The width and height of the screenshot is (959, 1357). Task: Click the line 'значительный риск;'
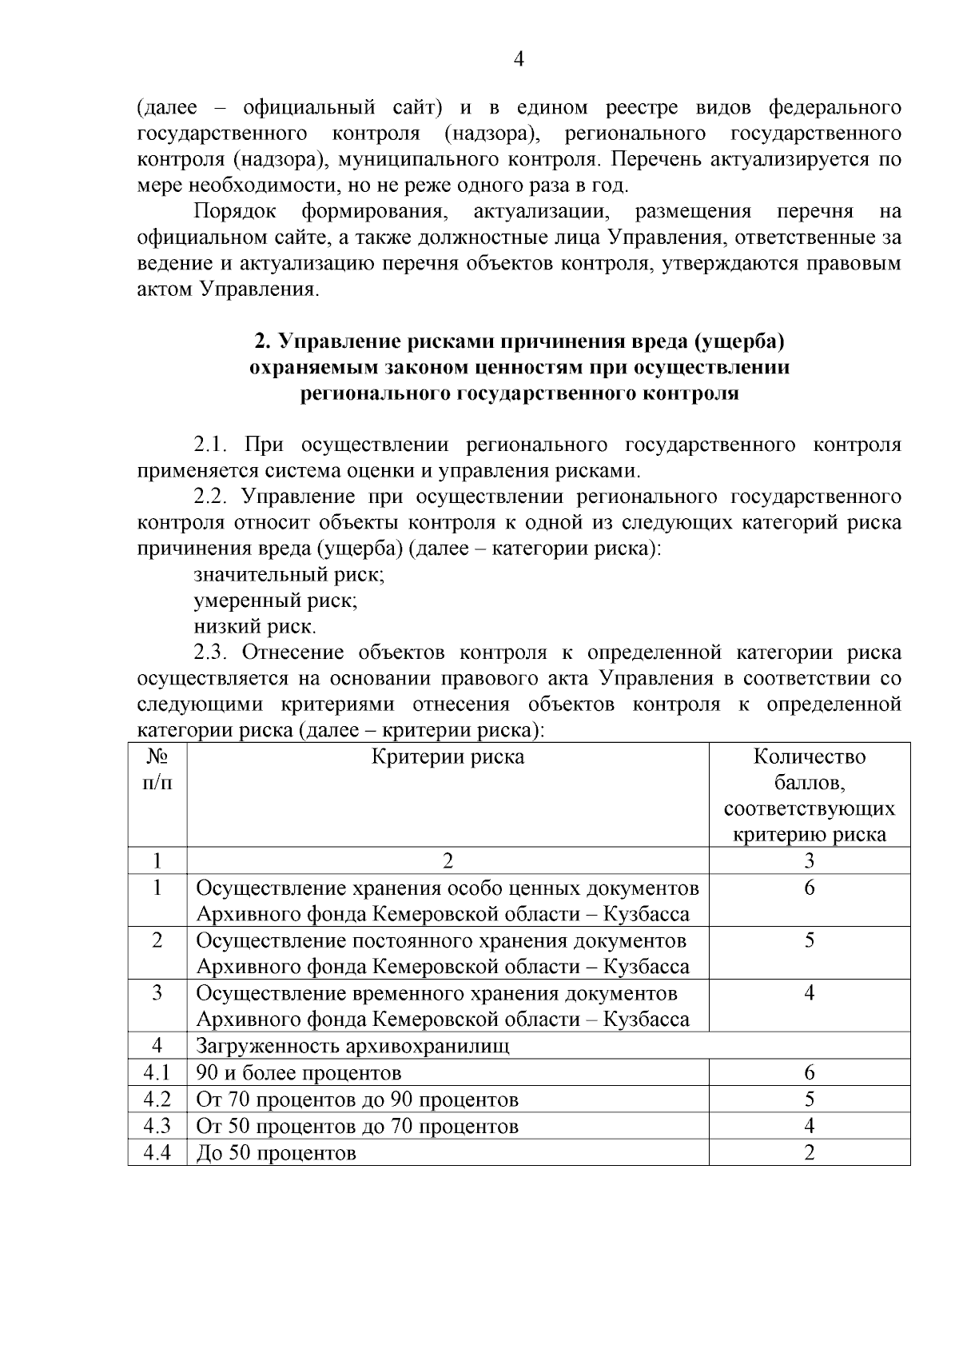289,574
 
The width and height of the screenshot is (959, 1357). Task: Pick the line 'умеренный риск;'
275,600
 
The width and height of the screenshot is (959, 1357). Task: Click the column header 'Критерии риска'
448,756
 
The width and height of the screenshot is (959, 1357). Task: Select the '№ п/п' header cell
157,769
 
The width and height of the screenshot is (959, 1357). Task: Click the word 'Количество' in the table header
809,756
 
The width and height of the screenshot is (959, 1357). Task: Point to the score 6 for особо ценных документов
809,888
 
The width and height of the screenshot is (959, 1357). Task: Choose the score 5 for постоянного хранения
809,940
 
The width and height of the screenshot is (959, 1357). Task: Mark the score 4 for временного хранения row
809,993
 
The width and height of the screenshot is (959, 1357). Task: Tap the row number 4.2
157,1100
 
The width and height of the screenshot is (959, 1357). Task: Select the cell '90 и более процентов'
299,1072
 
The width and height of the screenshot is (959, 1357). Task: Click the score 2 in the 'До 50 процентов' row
809,1152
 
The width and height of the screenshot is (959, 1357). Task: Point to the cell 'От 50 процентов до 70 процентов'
357,1126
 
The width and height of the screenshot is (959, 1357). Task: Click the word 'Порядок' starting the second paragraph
235,211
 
